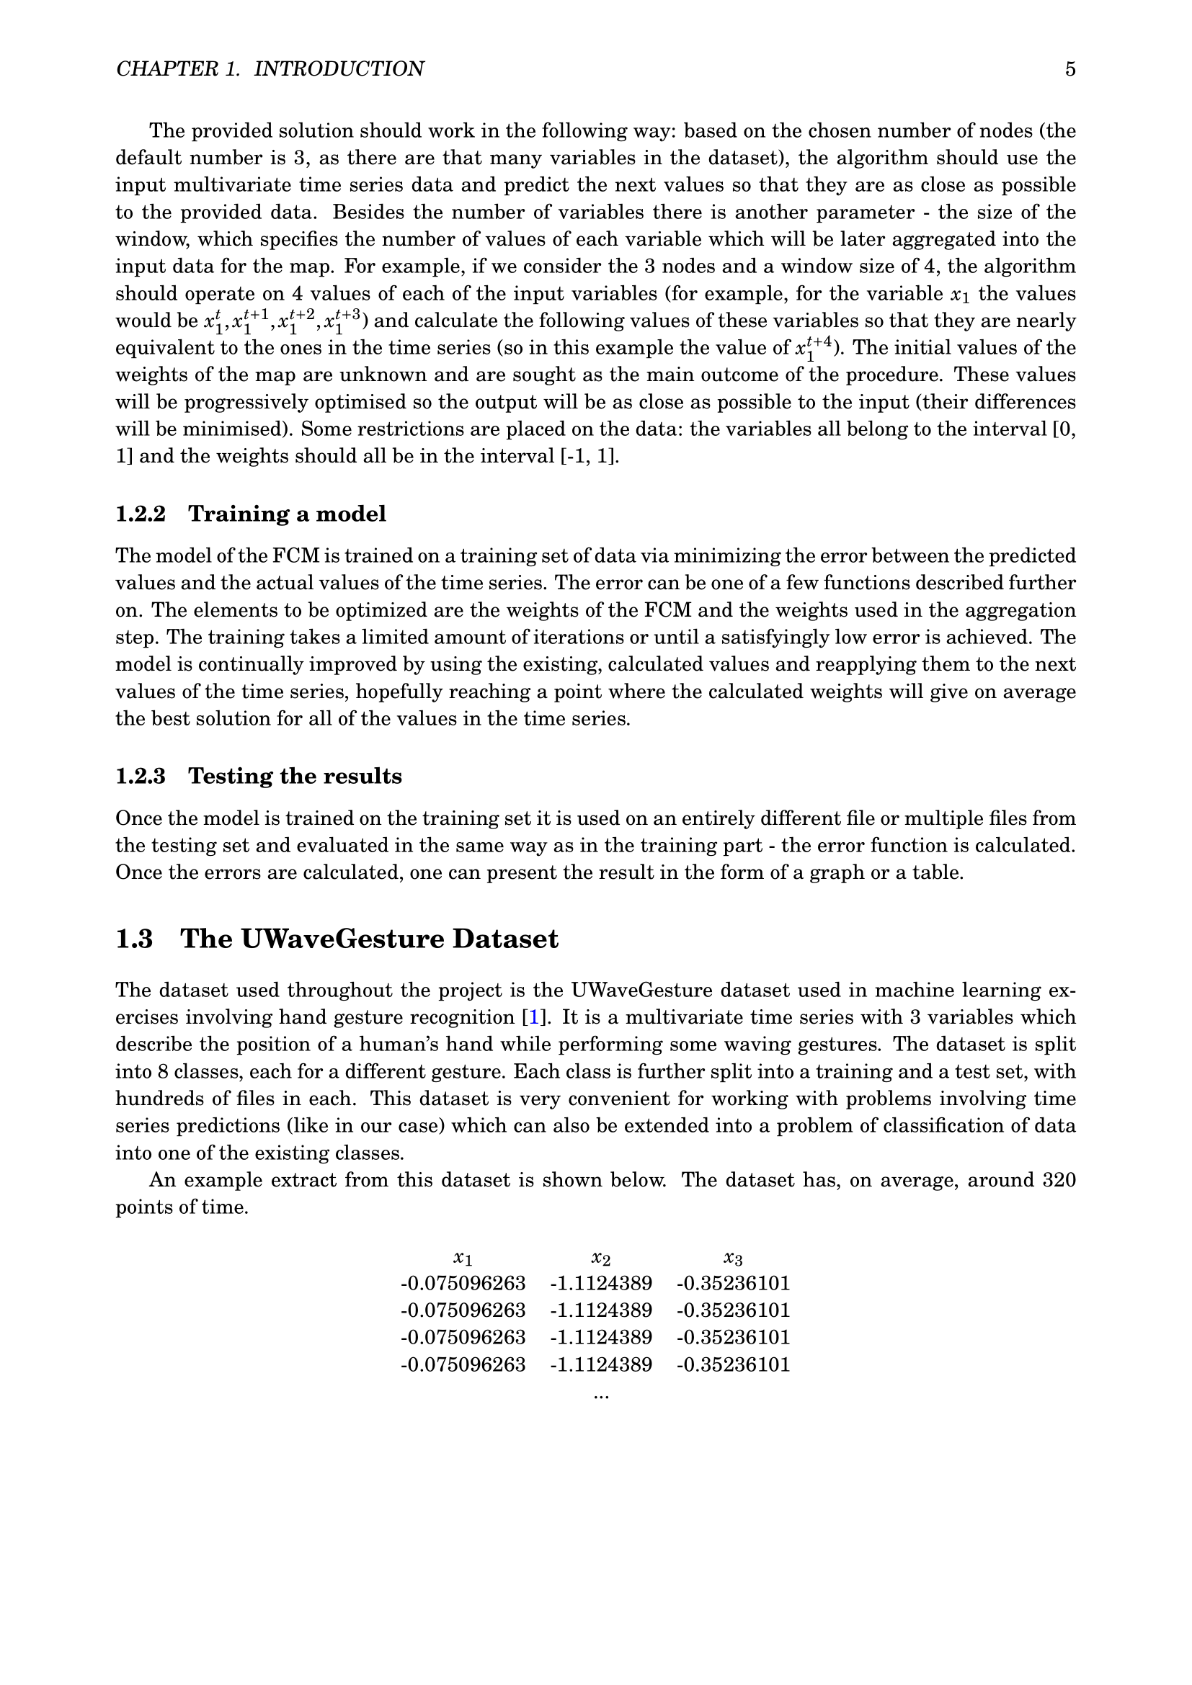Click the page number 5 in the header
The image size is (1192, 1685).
pyautogui.click(x=1070, y=69)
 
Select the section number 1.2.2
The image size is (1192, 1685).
pyautogui.click(x=141, y=514)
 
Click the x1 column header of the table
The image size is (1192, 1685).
pyautogui.click(x=463, y=1258)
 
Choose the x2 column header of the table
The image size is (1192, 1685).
pyautogui.click(x=601, y=1258)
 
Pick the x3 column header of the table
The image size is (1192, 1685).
pyautogui.click(x=732, y=1258)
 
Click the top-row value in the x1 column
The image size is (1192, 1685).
pyautogui.click(x=463, y=1284)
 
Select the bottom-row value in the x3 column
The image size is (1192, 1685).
pyautogui.click(x=733, y=1365)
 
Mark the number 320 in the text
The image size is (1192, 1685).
pyautogui.click(x=1059, y=1181)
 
